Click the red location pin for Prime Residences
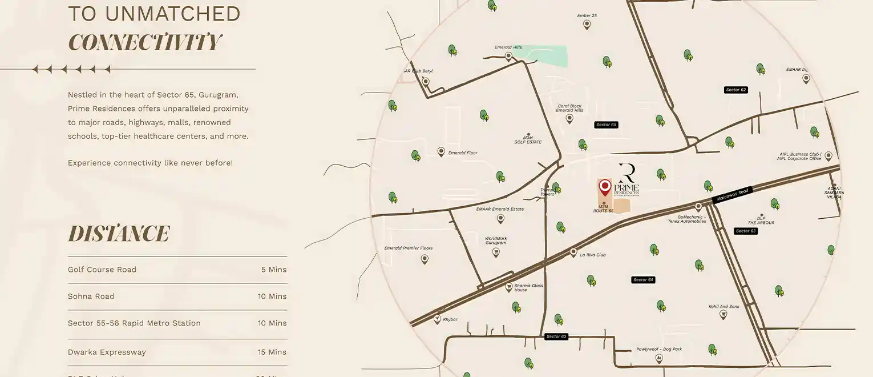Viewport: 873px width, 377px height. [605, 187]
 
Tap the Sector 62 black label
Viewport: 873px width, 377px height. [736, 90]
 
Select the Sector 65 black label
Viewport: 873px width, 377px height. [606, 125]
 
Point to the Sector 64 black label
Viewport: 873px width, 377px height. [642, 280]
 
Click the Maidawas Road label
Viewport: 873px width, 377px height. [733, 195]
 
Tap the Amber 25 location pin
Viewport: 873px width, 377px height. [587, 25]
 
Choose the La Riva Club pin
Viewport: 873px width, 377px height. [573, 252]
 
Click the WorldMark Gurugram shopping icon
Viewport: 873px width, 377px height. [496, 252]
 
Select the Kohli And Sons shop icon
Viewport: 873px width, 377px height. [723, 314]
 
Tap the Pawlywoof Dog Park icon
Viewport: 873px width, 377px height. [659, 358]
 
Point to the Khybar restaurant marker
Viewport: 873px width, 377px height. [438, 319]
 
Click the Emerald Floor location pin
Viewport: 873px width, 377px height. [441, 152]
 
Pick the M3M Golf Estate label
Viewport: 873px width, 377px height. [528, 139]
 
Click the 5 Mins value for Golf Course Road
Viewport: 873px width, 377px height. [274, 270]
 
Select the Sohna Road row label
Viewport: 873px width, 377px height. [91, 296]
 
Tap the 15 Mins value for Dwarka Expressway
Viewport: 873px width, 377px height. [272, 352]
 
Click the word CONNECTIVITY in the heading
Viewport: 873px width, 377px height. [144, 43]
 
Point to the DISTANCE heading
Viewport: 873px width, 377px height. [119, 234]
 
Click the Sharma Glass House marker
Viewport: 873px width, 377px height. [509, 288]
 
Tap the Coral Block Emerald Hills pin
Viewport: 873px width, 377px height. [569, 118]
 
